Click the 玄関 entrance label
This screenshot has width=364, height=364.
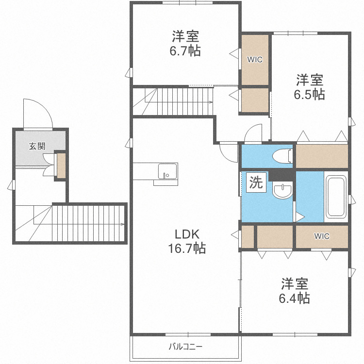coord(36,146)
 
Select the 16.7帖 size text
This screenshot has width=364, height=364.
coord(186,248)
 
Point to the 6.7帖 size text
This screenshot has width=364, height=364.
coord(185,50)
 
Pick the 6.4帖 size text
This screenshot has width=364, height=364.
coord(294,298)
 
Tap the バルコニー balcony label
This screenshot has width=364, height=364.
coord(185,347)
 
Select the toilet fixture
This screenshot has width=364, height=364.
coord(281,156)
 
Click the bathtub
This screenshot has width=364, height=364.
coord(335,197)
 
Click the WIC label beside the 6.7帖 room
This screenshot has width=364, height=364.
coord(255,60)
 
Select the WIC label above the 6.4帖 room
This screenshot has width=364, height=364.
coord(321,236)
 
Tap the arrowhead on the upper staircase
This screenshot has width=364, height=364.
coord(211,102)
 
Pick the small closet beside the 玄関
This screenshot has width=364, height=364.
coord(61,165)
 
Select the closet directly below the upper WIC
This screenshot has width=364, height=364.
coord(254,100)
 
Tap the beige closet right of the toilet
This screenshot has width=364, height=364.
coord(321,156)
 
